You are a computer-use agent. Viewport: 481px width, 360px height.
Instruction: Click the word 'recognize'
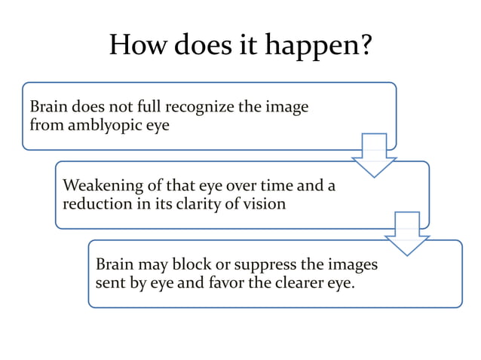tap(201, 107)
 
